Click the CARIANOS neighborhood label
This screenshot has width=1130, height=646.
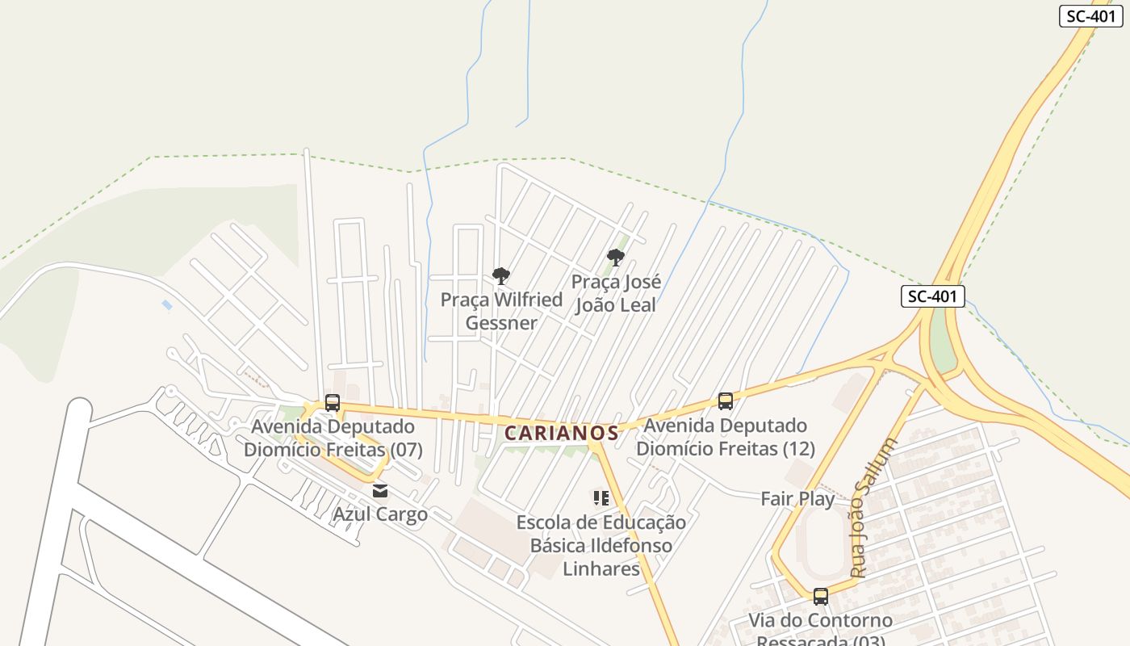(562, 433)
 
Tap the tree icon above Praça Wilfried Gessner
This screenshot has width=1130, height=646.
(501, 276)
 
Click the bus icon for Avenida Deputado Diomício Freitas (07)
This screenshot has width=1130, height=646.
(332, 402)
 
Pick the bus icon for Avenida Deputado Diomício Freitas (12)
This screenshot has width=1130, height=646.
(726, 401)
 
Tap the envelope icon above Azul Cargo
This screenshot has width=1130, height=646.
(380, 491)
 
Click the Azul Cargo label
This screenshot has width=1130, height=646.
(380, 514)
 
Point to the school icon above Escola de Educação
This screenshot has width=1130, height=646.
(601, 498)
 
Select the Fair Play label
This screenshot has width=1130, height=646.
(797, 498)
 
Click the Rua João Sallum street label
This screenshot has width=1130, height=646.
(873, 508)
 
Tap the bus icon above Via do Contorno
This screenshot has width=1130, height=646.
(821, 597)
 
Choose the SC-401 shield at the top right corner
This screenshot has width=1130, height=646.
(1090, 16)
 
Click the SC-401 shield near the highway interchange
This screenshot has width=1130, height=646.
(933, 296)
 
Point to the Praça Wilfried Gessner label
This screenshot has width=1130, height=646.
(501, 311)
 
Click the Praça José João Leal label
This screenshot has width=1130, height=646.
(616, 293)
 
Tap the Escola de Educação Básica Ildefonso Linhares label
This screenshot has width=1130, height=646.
(601, 545)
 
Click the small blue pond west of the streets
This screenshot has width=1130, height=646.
(167, 305)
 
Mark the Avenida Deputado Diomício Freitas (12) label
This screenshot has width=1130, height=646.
(726, 437)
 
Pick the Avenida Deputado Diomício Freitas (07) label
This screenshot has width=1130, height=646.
(333, 438)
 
